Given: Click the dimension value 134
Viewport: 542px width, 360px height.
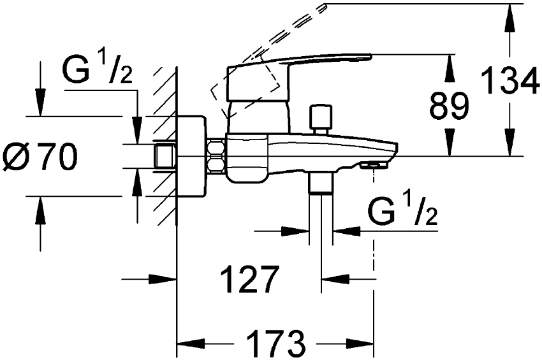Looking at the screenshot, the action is (510, 80).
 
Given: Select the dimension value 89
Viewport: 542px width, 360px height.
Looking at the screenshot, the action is (449, 106).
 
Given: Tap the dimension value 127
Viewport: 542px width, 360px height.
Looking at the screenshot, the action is (250, 278).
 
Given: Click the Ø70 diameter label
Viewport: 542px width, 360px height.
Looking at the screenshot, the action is (40, 157).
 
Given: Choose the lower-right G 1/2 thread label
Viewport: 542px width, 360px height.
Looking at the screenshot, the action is (403, 211).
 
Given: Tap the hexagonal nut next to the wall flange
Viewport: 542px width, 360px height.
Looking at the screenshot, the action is (216, 156).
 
